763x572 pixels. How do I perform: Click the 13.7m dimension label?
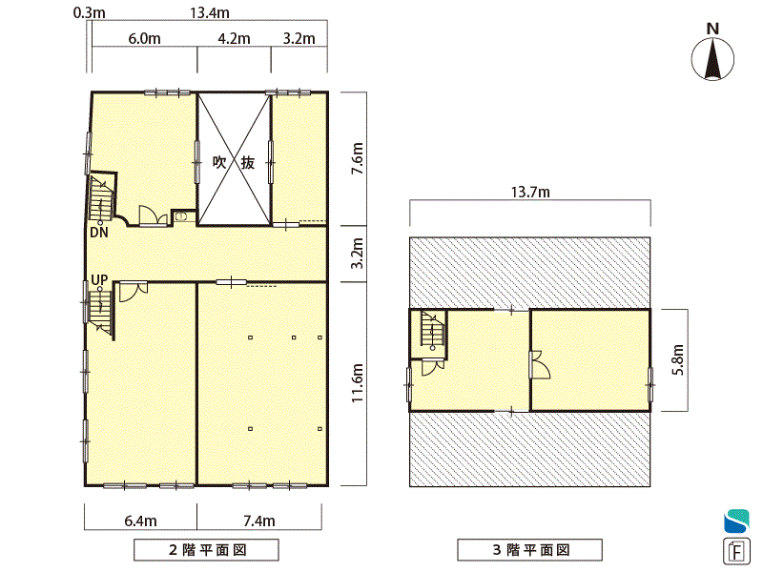[530, 193]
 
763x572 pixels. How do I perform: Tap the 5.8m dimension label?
[678, 359]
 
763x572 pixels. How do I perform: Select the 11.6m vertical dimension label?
[358, 383]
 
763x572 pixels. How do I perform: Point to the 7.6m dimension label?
[358, 158]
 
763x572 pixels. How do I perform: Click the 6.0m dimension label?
[145, 38]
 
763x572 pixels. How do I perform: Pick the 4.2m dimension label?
[234, 38]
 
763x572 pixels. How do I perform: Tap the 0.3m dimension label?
[89, 12]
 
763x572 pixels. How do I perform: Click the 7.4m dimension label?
[259, 521]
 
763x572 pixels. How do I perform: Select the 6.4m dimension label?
[140, 521]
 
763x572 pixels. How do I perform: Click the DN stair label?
[99, 233]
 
